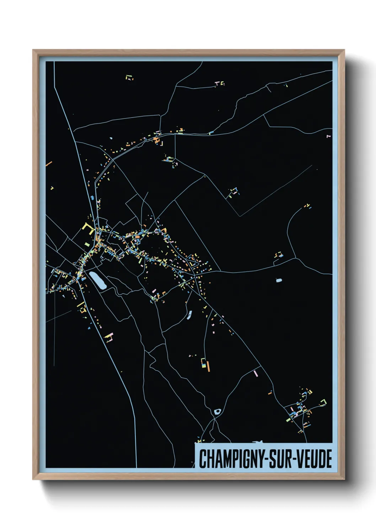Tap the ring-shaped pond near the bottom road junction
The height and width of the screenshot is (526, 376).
(217, 412)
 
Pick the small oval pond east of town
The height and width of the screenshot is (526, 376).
(279, 280)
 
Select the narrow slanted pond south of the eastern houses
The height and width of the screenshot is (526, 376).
(190, 315)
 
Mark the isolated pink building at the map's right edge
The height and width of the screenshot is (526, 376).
(329, 135)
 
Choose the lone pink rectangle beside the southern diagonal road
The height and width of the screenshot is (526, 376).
(256, 373)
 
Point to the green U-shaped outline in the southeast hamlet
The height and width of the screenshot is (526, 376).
(323, 402)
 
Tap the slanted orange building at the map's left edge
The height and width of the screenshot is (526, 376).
(49, 164)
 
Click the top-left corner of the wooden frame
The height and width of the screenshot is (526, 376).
(33, 50)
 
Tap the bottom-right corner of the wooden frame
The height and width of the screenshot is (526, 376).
(344, 479)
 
